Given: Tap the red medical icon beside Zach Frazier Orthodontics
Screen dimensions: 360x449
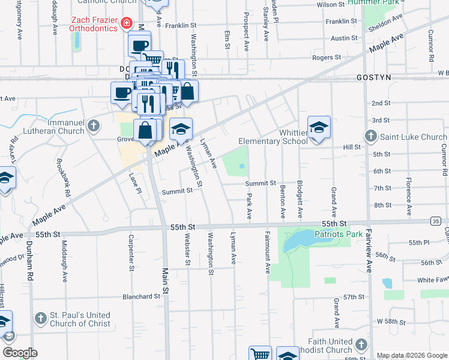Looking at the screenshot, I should [x=126, y=24].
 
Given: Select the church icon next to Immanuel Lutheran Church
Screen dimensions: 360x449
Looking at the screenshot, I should [x=92, y=125].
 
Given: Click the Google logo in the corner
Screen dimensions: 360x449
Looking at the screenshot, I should [x=20, y=353].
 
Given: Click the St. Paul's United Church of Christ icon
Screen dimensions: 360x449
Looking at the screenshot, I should [x=40, y=317].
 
